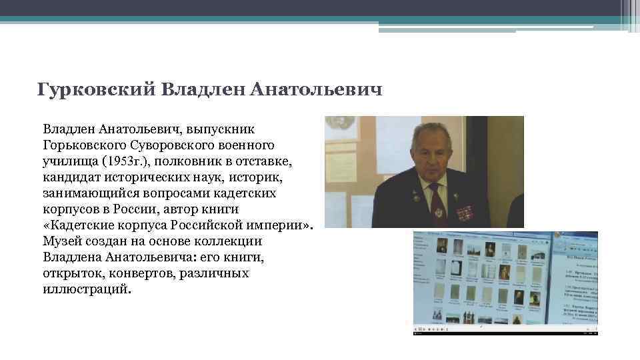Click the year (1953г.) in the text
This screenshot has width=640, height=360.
point(123,161)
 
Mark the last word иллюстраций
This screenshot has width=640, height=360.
point(87,289)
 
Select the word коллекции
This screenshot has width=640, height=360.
point(226,241)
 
